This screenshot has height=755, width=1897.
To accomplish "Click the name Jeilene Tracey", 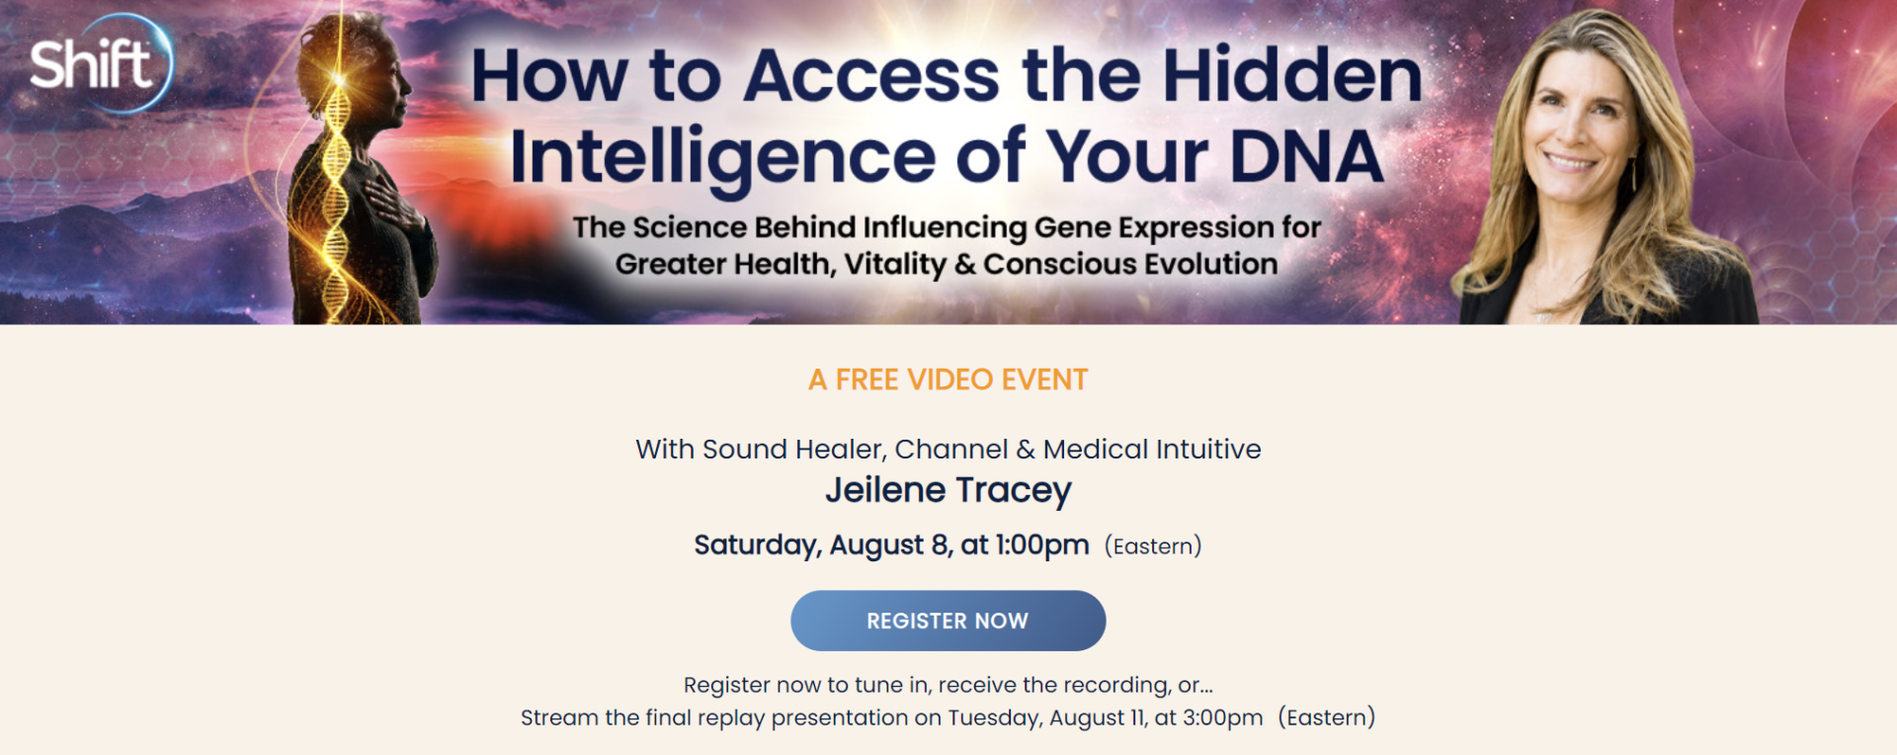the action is [x=948, y=491].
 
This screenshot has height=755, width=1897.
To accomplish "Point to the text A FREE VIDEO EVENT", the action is [x=948, y=379].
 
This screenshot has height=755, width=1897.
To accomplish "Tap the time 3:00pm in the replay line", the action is [x=1223, y=717].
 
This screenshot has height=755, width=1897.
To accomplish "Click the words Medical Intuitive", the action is [x=1152, y=450].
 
